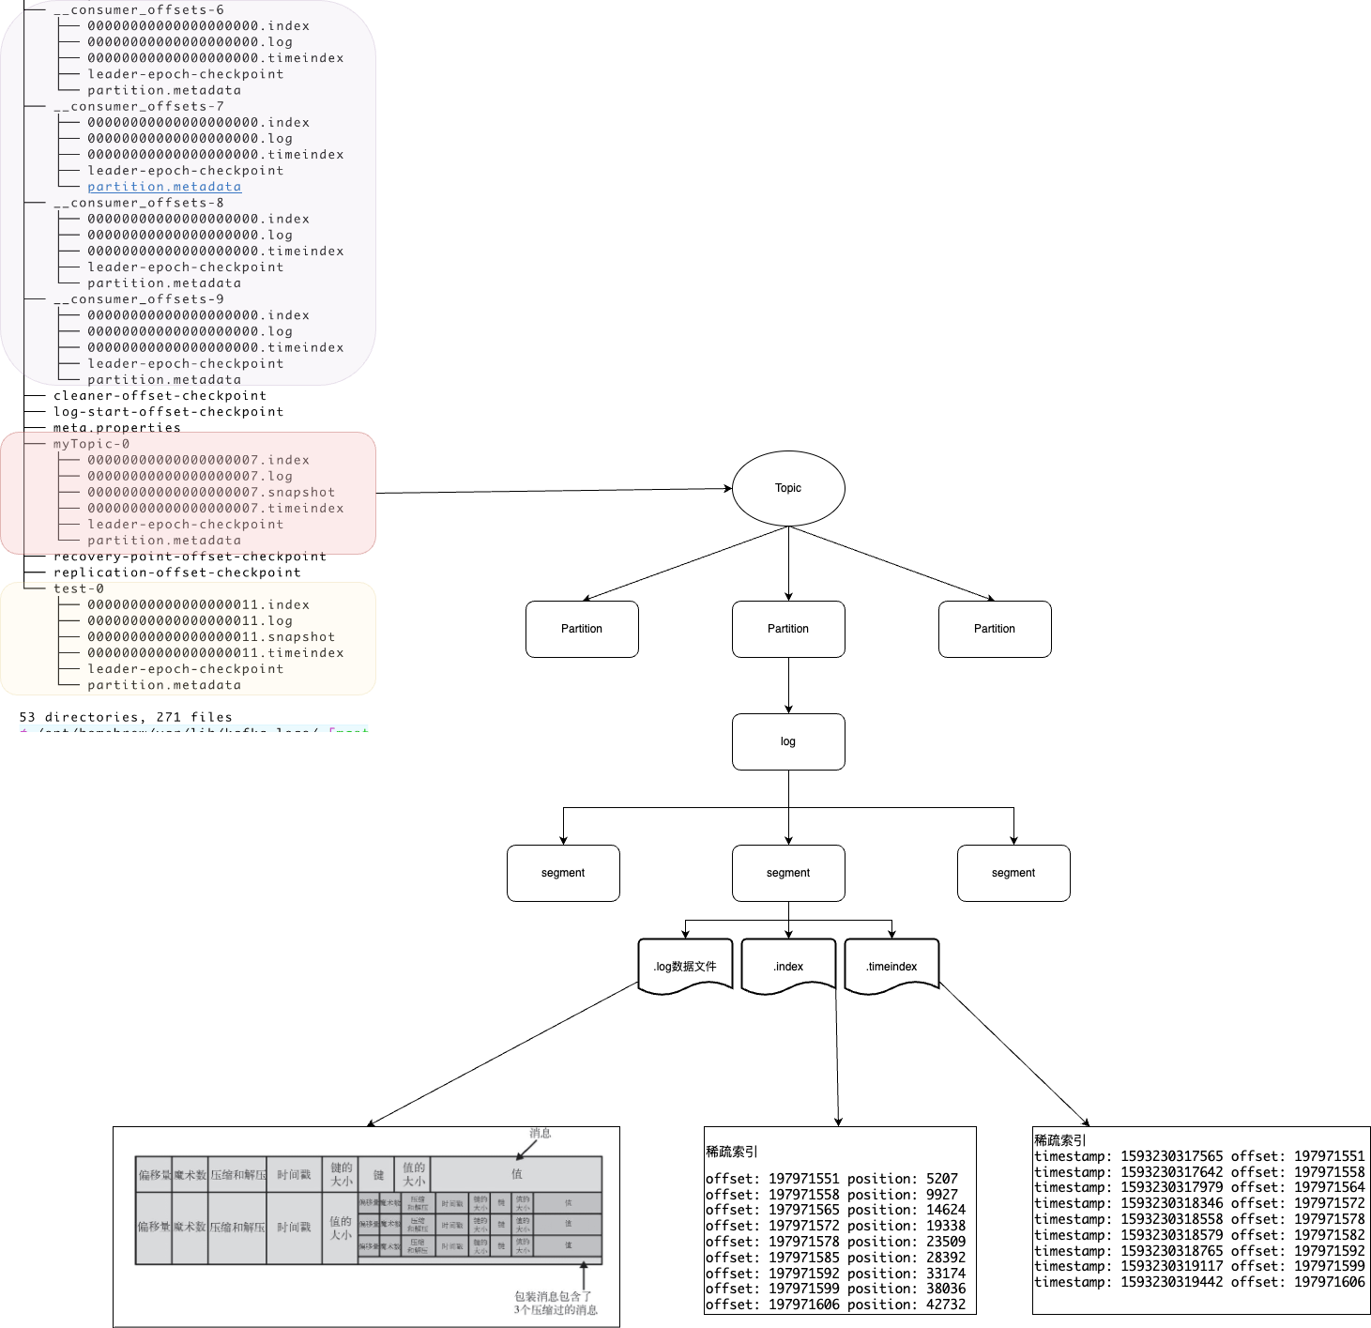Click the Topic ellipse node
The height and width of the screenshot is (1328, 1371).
[788, 488]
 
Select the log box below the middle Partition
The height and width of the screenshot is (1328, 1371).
[788, 741]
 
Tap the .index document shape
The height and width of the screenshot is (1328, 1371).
[788, 966]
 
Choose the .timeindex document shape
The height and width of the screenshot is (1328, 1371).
[891, 966]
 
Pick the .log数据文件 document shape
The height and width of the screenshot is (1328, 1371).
[685, 966]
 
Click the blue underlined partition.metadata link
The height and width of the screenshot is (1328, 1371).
[164, 187]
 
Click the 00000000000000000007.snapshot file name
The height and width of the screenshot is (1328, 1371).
[211, 492]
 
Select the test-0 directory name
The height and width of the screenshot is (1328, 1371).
[79, 588]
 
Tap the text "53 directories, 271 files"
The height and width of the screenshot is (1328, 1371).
[126, 717]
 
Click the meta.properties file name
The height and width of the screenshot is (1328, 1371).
[116, 428]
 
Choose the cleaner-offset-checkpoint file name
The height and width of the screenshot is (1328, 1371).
[160, 396]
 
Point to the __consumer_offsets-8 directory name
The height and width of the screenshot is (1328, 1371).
[139, 203]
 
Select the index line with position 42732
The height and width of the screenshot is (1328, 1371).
[835, 1305]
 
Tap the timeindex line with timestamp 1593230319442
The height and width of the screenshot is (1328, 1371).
[1199, 1282]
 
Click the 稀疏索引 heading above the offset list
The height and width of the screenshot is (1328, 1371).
[732, 1152]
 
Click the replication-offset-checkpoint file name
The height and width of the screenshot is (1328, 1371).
[177, 572]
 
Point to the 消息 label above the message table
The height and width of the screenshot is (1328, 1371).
[541, 1133]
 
